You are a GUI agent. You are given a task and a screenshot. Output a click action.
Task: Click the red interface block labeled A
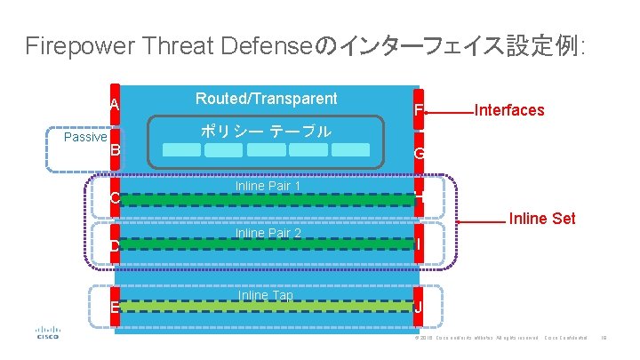[114, 105]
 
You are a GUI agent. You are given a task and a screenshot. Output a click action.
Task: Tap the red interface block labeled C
[114, 196]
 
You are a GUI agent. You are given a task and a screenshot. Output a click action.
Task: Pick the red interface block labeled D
[114, 244]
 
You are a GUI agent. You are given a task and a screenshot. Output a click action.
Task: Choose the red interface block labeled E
[114, 307]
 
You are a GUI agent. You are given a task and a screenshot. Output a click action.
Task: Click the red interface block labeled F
[419, 110]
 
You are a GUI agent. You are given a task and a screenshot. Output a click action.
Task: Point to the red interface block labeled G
[419, 153]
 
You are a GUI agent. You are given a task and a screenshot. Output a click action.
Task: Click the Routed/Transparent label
[267, 99]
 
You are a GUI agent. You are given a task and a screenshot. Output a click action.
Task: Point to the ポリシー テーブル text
[266, 132]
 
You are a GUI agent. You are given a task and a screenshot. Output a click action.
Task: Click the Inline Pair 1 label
[268, 187]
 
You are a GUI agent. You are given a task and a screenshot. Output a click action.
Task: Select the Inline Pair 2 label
[268, 234]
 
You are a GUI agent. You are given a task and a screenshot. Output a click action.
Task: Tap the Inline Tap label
[265, 295]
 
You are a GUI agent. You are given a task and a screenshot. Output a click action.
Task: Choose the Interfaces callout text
[509, 110]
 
